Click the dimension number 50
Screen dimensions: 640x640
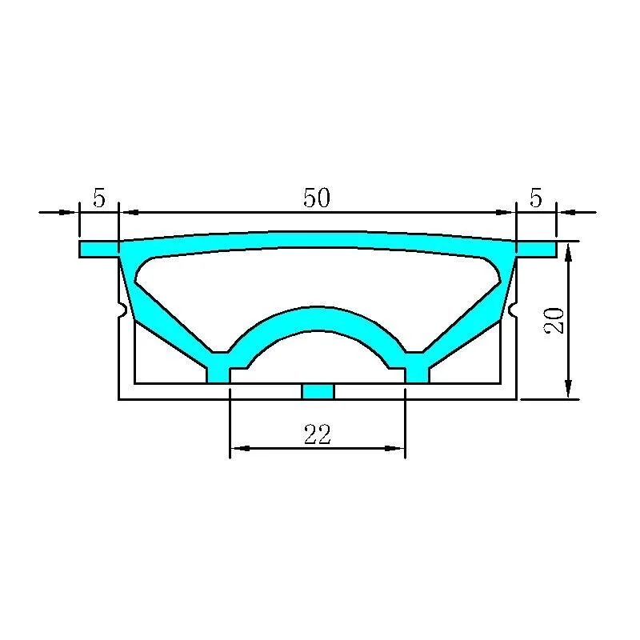[316, 198]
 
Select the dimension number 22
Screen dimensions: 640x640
[317, 434]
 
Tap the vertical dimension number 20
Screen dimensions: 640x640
[554, 321]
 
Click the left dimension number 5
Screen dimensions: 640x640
[99, 198]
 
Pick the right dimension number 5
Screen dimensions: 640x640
[535, 198]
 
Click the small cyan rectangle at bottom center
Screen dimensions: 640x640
[318, 391]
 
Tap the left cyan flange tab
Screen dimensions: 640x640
[98, 249]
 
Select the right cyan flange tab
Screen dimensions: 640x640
[536, 249]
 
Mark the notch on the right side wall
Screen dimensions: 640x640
[513, 309]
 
